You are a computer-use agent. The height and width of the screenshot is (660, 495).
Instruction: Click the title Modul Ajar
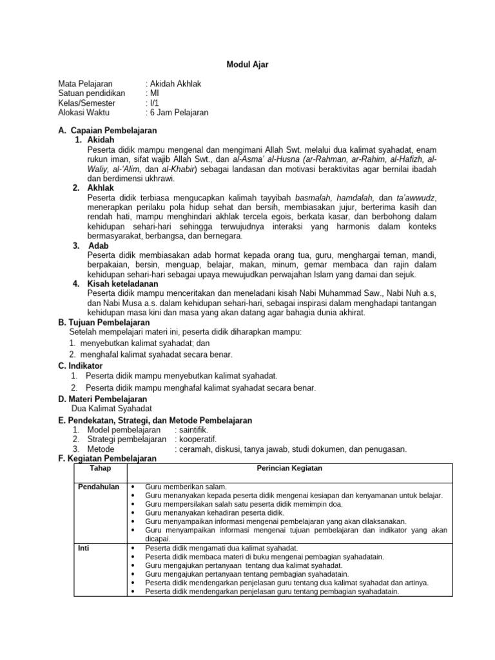click(247, 64)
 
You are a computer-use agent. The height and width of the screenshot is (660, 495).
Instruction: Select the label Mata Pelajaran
click(86, 84)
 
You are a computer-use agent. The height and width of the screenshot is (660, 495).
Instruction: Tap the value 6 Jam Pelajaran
click(179, 112)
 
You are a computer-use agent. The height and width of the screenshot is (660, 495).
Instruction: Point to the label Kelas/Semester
click(87, 102)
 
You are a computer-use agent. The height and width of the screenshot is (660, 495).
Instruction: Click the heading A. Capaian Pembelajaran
click(108, 131)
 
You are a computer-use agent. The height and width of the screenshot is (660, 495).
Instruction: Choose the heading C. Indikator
click(81, 365)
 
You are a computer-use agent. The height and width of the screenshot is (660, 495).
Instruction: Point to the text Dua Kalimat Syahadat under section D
click(112, 409)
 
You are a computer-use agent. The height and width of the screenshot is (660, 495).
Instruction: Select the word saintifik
click(193, 429)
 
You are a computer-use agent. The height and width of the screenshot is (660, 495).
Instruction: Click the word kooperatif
click(196, 439)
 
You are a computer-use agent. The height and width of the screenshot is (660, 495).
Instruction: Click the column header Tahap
click(101, 467)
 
